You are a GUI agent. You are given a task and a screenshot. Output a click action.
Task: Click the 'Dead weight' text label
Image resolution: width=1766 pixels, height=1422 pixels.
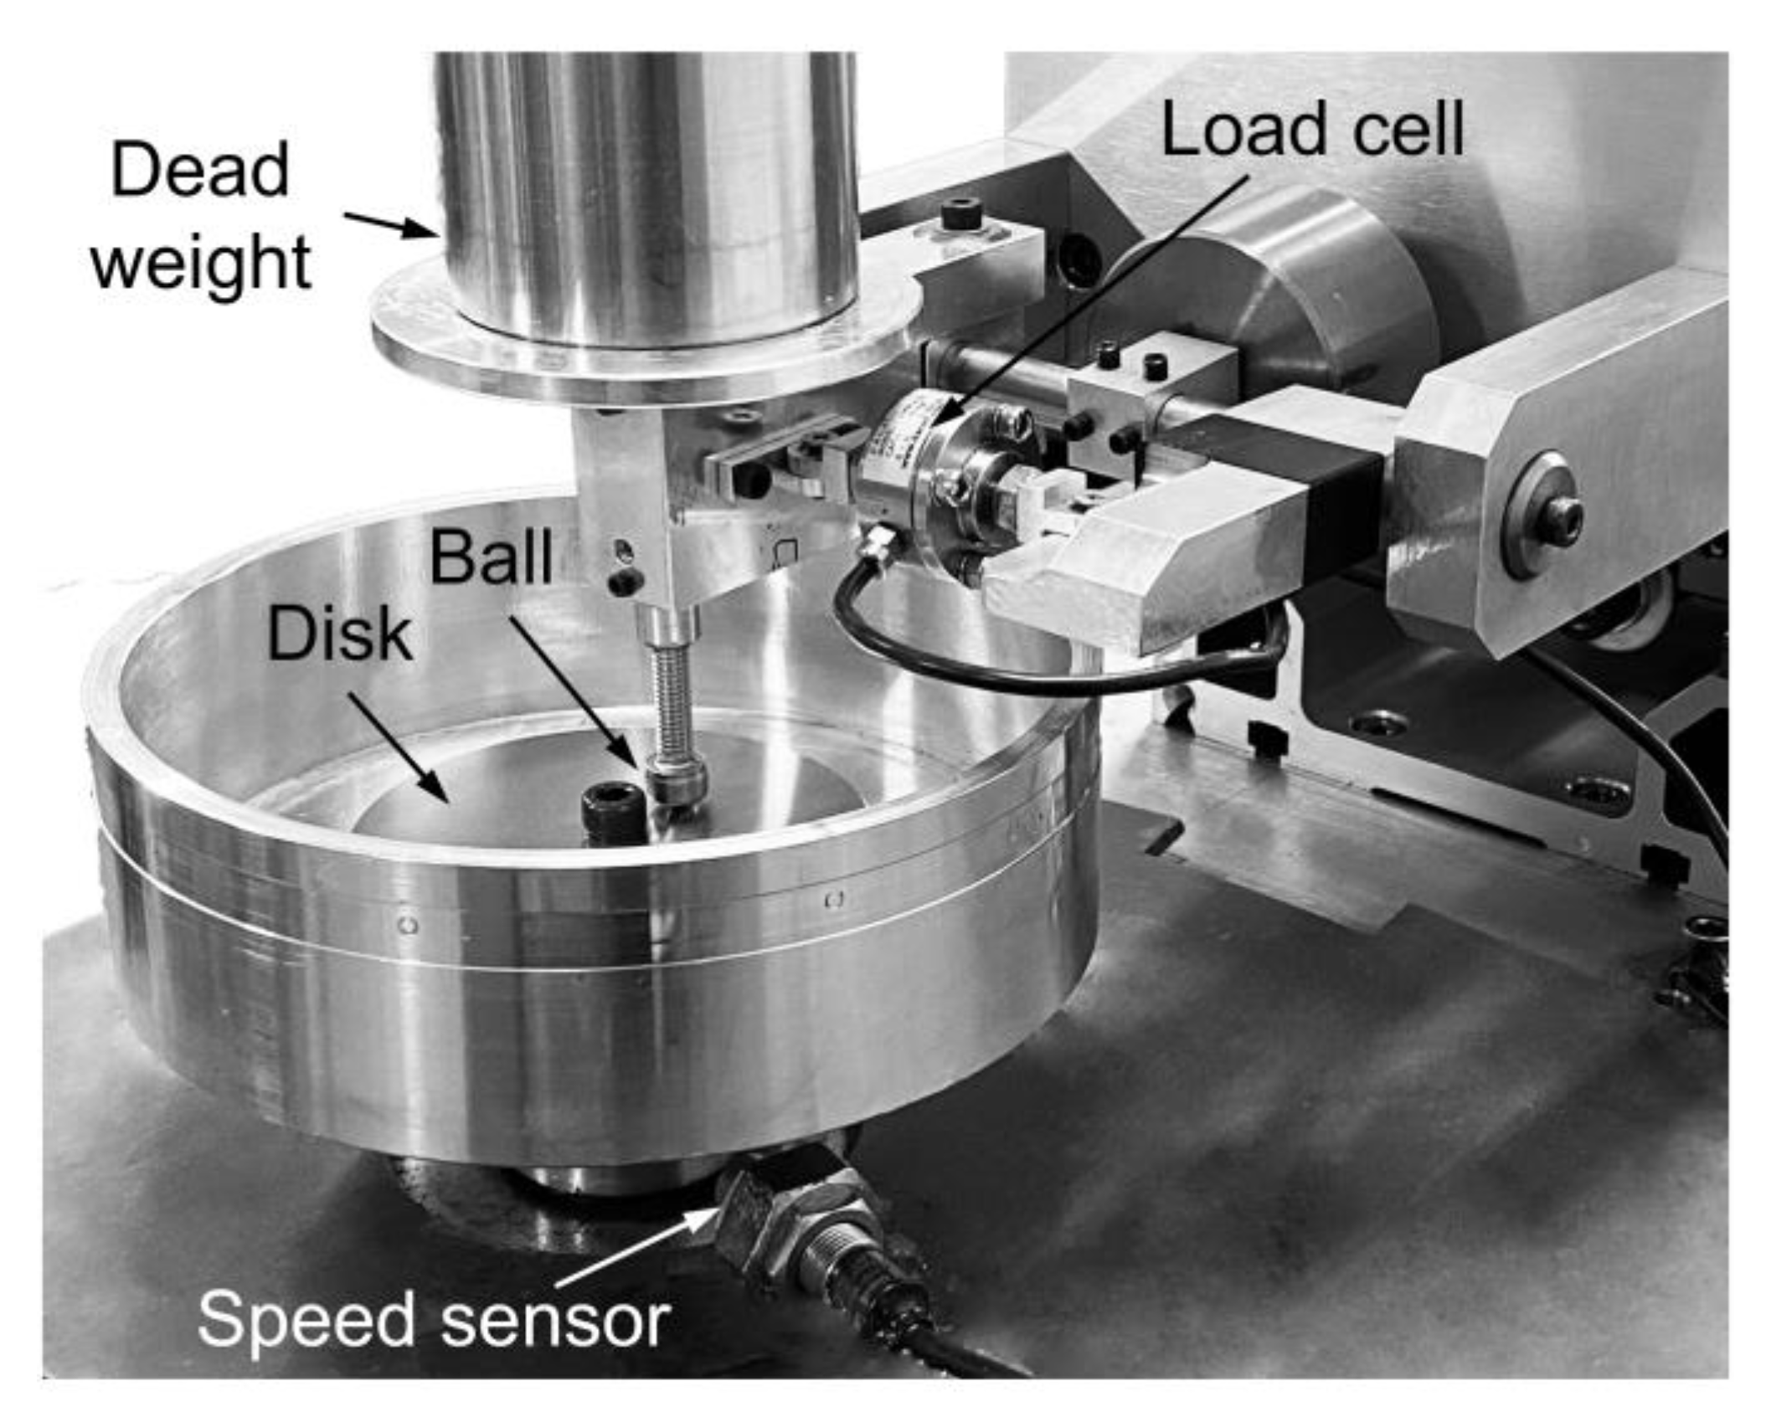200,216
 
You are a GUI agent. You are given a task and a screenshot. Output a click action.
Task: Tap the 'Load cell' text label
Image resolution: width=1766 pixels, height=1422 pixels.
1313,129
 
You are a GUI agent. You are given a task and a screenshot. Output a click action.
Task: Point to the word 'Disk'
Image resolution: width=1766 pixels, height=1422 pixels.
339,634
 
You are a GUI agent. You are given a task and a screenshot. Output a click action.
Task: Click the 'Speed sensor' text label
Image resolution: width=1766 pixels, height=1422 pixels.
434,1320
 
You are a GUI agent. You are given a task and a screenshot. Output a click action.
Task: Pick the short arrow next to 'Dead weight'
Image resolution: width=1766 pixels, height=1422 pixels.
387,223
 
